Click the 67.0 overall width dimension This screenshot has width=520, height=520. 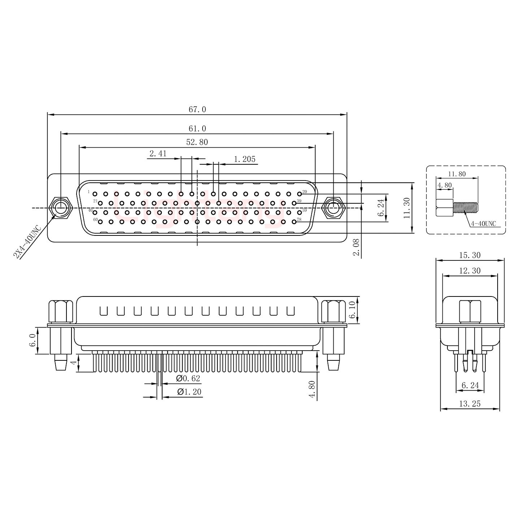[x=197, y=109]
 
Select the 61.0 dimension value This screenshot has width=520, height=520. [x=197, y=129]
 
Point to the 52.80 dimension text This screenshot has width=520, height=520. [x=197, y=142]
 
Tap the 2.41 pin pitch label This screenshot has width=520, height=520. [x=158, y=153]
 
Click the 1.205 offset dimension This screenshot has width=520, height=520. [x=244, y=159]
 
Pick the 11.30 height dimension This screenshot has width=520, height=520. [x=407, y=208]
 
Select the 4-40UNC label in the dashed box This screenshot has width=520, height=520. [x=483, y=224]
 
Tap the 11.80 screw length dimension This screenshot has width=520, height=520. [x=456, y=174]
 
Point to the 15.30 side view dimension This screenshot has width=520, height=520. [x=469, y=255]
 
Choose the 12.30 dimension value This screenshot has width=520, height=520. [x=469, y=271]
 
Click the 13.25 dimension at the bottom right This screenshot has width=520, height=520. [x=469, y=404]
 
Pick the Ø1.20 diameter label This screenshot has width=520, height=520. [x=189, y=392]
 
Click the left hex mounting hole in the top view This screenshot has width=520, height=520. [x=61, y=208]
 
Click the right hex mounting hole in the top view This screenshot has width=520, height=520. [x=333, y=208]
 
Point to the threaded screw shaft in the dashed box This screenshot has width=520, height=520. [x=465, y=208]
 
